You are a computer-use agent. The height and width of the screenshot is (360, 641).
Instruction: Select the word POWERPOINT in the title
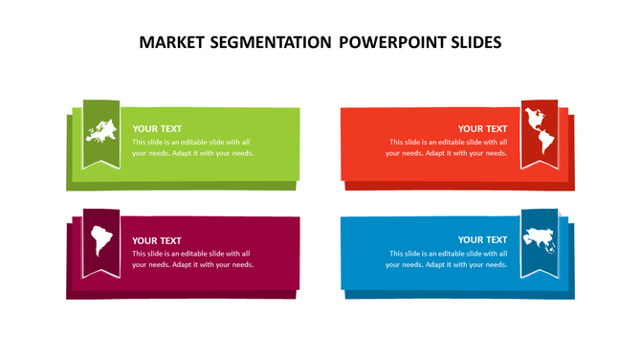tap(394, 43)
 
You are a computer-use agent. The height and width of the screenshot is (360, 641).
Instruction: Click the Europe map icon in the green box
tap(100, 130)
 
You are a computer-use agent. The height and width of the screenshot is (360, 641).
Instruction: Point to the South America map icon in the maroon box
tap(99, 240)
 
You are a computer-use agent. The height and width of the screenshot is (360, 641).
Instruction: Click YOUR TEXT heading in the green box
tap(157, 128)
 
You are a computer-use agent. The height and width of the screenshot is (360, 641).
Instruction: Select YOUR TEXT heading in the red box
tap(482, 128)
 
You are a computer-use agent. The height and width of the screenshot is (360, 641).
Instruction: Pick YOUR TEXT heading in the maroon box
tap(157, 240)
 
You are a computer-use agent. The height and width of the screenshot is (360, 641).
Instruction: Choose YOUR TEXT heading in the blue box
tap(482, 239)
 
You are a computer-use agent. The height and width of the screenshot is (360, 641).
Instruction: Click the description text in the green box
tap(192, 147)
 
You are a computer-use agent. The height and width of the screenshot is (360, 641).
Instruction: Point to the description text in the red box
tap(447, 147)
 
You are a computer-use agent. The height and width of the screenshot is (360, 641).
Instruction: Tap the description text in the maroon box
tap(192, 259)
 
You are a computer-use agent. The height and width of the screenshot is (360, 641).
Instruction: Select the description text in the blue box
tap(447, 259)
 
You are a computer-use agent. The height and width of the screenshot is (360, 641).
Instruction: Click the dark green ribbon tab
tap(100, 157)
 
